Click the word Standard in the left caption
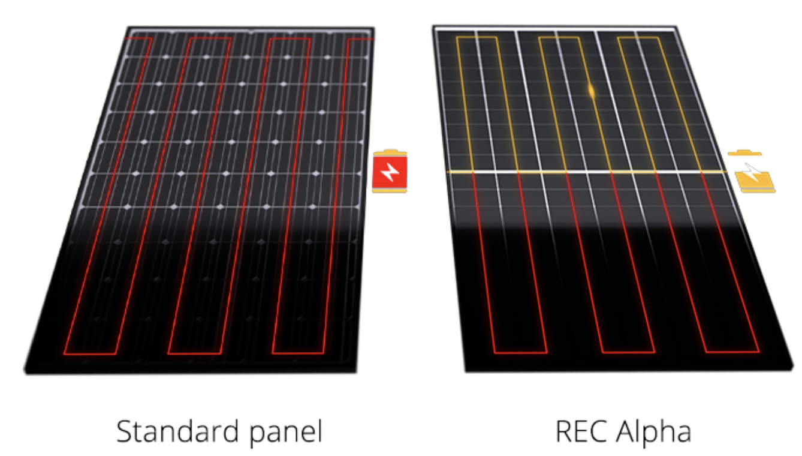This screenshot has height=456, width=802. [177, 431]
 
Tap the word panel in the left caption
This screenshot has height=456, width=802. [286, 433]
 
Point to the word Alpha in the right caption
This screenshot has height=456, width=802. [654, 433]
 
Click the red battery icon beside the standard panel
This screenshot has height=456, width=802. [390, 171]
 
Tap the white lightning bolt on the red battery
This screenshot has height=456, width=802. [390, 172]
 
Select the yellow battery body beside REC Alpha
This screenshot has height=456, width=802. [755, 182]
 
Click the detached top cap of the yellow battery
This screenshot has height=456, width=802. [744, 154]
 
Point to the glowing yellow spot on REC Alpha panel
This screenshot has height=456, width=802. [592, 91]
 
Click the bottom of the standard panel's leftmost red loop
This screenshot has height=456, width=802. [90, 354]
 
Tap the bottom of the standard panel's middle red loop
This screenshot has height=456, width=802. [194, 353]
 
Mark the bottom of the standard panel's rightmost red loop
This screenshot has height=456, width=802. [298, 353]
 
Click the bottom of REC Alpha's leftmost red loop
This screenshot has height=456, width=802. [521, 353]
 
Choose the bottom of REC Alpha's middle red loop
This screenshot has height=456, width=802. [629, 352]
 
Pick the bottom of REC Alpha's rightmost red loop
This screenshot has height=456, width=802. [732, 352]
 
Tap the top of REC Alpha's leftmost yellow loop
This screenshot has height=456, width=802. [476, 37]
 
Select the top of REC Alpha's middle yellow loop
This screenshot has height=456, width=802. [559, 37]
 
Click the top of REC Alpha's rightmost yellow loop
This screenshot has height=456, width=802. [638, 37]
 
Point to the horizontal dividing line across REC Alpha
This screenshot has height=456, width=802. [587, 172]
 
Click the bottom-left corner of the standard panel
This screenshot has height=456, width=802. [26, 373]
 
